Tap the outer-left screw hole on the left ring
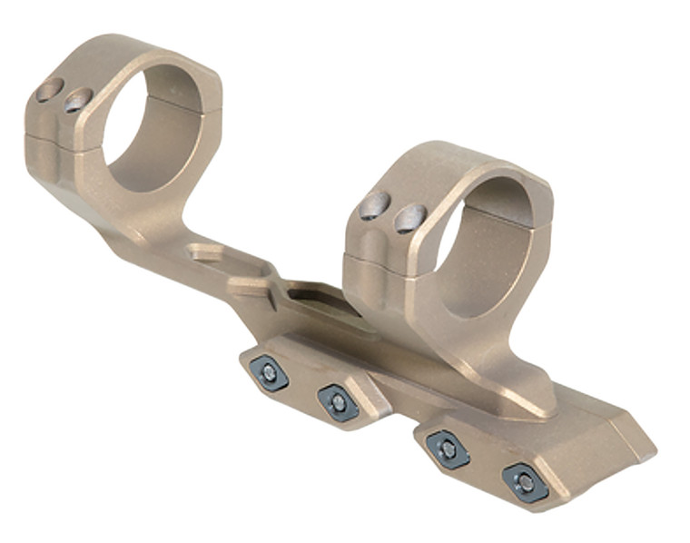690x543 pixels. [x=49, y=89]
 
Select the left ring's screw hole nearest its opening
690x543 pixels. [x=79, y=99]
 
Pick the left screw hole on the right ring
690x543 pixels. [x=374, y=206]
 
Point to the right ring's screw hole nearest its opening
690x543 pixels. [x=410, y=218]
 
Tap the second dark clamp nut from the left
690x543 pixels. [x=338, y=402]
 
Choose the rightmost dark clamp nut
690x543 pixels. [x=525, y=482]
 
